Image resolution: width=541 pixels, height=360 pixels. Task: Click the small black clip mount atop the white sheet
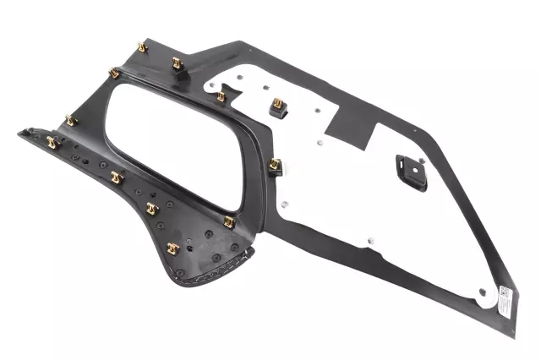point(277,107)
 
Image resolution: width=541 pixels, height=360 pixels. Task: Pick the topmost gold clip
point(142,47)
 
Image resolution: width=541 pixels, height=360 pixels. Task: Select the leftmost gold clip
point(52,142)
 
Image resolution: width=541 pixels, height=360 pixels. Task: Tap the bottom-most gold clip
point(173,248)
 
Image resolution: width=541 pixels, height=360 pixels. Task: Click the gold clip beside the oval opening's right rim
point(275,165)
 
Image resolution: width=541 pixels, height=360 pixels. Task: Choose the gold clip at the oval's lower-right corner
point(229,222)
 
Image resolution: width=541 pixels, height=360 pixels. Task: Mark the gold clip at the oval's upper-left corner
point(114,74)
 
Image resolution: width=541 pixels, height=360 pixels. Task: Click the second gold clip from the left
point(72,121)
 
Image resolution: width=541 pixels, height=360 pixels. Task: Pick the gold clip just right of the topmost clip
point(178,63)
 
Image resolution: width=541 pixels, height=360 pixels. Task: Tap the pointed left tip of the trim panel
point(19,133)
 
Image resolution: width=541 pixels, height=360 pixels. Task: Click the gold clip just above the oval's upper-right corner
point(221,96)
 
